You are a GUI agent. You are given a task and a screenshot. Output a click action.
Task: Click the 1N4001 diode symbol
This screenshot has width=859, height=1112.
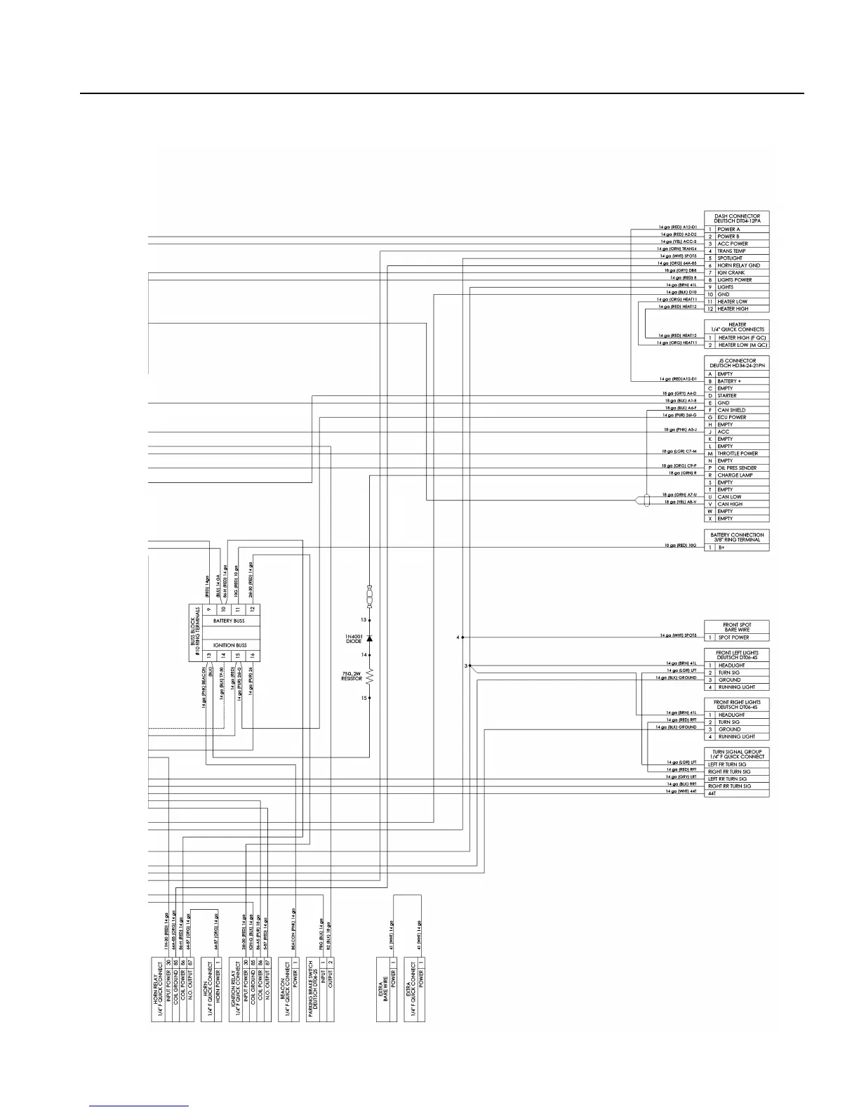(x=370, y=637)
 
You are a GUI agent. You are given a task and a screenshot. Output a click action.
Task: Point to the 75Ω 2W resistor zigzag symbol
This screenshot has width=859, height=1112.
(x=370, y=677)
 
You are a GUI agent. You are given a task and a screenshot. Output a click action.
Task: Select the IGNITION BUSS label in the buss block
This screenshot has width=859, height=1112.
(x=229, y=645)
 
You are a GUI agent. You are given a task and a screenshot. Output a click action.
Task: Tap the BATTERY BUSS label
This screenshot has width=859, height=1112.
(x=229, y=621)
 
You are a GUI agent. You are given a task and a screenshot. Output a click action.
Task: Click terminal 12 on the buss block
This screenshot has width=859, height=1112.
(x=253, y=609)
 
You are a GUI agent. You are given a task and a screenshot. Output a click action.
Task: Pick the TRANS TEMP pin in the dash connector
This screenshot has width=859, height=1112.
(x=731, y=251)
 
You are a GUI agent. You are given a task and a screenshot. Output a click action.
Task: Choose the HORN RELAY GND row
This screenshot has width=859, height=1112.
(x=738, y=265)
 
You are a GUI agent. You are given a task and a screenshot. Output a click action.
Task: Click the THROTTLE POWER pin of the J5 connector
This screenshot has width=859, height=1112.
(x=738, y=454)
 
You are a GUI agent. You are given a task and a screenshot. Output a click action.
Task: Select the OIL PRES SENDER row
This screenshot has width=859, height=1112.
(x=737, y=468)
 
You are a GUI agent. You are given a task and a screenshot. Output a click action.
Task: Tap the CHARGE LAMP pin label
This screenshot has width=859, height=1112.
(x=735, y=475)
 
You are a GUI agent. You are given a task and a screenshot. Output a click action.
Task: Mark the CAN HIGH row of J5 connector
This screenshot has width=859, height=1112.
(x=730, y=504)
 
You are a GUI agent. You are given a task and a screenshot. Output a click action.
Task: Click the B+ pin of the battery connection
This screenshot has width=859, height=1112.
(x=721, y=548)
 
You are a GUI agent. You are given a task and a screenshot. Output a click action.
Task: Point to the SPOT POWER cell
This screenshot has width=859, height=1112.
(x=733, y=637)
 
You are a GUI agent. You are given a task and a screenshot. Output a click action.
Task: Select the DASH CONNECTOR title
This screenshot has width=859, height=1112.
(x=737, y=218)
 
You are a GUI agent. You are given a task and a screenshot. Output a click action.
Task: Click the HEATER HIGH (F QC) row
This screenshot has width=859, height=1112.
(x=742, y=338)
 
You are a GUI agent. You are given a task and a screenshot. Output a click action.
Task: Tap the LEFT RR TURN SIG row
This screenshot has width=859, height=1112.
(x=727, y=779)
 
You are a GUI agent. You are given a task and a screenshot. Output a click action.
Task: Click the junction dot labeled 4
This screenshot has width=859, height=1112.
(x=462, y=637)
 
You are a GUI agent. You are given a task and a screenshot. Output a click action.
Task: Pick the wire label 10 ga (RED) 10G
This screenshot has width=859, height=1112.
(x=681, y=545)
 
